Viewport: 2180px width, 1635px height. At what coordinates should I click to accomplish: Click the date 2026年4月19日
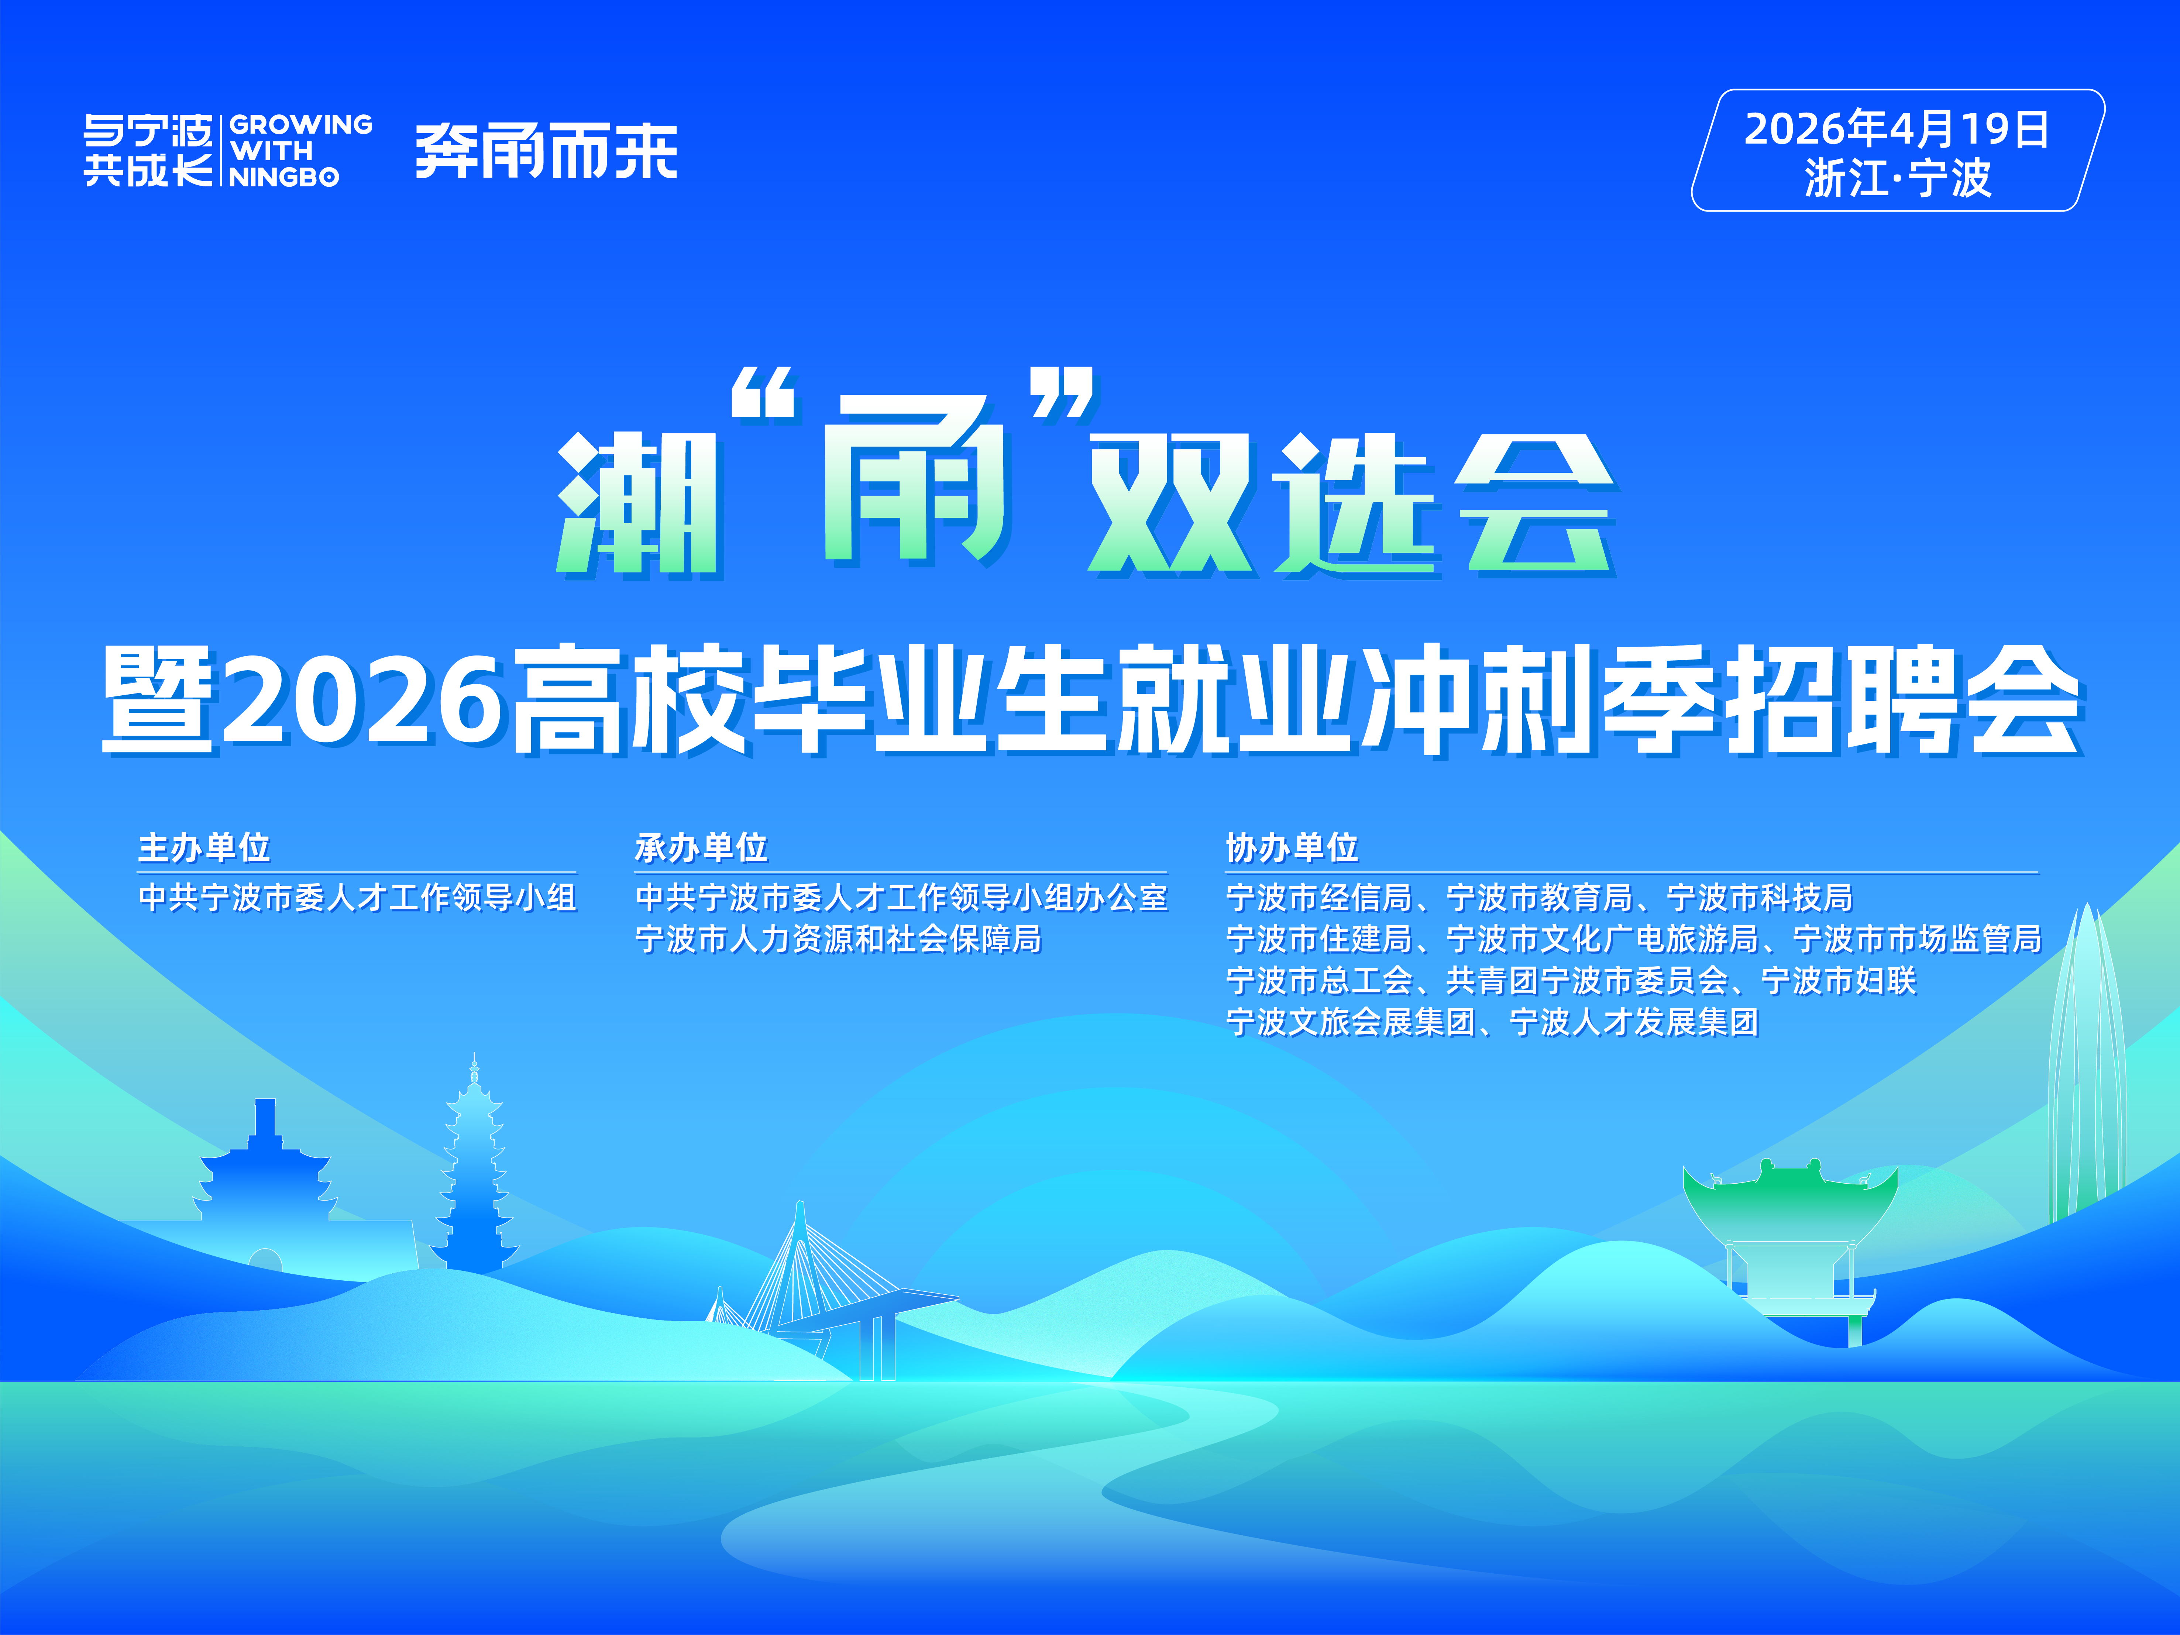click(x=1897, y=129)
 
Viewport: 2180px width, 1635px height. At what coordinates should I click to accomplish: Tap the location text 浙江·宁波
click(x=1897, y=178)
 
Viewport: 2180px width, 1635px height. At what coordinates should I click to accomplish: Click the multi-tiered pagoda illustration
click(x=474, y=1163)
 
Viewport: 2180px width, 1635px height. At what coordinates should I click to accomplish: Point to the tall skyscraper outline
click(x=2086, y=1064)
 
